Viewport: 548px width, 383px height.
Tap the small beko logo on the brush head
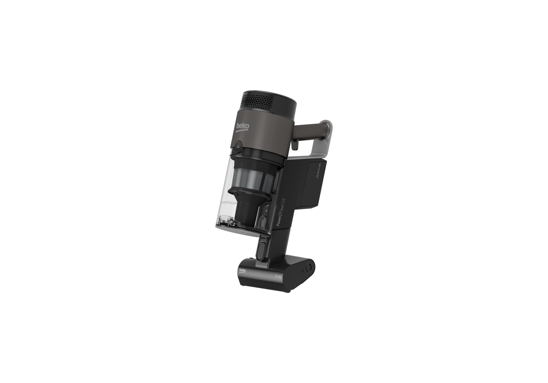coord(242,270)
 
